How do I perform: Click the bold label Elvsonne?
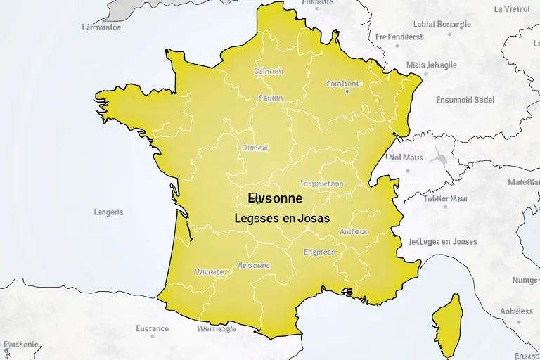coord(275,199)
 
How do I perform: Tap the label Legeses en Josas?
coord(282,219)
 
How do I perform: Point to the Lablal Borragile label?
coord(442,24)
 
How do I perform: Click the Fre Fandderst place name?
coord(400,37)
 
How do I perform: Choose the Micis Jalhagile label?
coord(431,65)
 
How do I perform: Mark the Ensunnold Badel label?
coord(465,99)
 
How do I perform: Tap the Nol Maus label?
coord(406,157)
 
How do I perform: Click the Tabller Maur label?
coord(446,198)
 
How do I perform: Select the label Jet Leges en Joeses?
coord(443,241)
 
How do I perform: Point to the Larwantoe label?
coord(101,28)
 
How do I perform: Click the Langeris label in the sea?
coord(108,211)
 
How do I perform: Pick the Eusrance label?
coord(152,328)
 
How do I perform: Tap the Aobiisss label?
coord(516,311)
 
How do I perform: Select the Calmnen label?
coord(268,71)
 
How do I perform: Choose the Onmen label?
coord(255,148)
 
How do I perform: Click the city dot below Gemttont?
coord(347,91)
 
